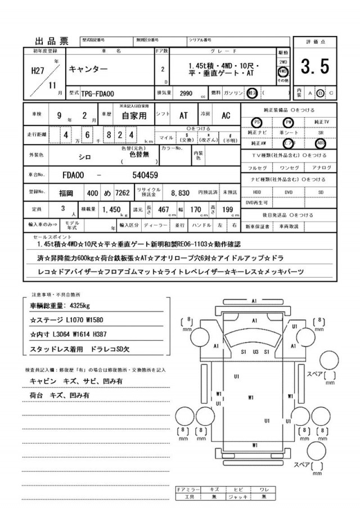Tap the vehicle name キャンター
[x=85, y=69]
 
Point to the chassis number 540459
[x=145, y=175]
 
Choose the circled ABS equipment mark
[x=321, y=142]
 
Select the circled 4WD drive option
[x=283, y=73]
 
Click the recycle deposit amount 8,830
[x=180, y=193]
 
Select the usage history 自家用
[x=133, y=116]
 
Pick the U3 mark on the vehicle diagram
[x=255, y=352]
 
